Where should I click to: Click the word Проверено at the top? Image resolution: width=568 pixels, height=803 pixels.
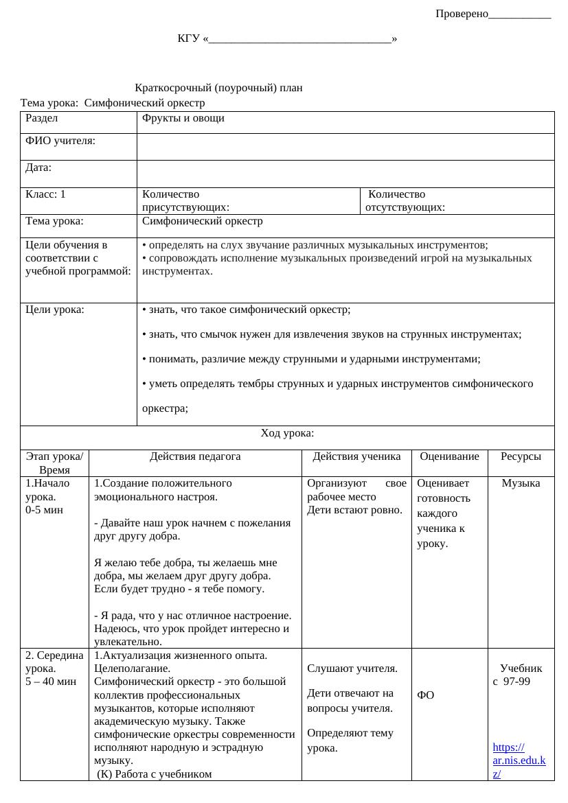(462, 14)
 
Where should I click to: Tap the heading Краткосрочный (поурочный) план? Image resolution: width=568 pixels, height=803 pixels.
(218, 88)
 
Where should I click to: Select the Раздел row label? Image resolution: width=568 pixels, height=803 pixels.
(42, 118)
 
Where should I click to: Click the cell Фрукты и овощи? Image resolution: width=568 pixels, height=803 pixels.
(183, 118)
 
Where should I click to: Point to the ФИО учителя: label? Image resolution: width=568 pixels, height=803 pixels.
(60, 141)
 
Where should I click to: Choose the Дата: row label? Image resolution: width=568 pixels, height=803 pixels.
(38, 167)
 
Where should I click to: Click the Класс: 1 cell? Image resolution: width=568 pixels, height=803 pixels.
(45, 194)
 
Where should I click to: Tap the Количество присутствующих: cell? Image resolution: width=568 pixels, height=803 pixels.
(185, 200)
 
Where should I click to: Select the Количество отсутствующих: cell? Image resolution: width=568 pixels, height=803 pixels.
(405, 200)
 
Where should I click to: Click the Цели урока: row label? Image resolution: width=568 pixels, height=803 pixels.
(55, 310)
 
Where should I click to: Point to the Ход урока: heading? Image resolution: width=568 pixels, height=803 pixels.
(287, 433)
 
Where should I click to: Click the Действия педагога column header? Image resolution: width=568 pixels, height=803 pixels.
(195, 456)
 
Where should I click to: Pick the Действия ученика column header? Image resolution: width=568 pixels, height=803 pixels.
(356, 456)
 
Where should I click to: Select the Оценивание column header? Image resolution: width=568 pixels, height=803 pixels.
(449, 456)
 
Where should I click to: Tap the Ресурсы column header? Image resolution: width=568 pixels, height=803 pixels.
(521, 456)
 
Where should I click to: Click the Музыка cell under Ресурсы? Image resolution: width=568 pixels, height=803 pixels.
(521, 483)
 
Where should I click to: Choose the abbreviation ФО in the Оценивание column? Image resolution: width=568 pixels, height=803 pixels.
(425, 695)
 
